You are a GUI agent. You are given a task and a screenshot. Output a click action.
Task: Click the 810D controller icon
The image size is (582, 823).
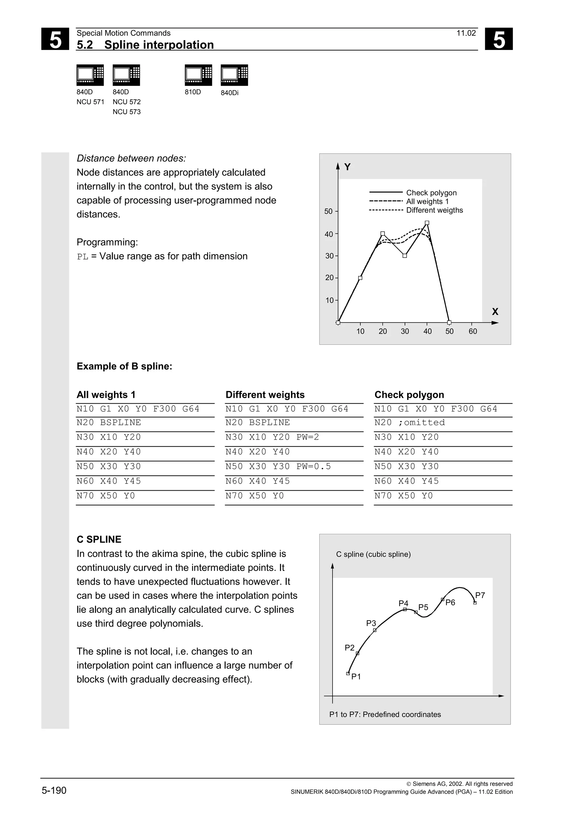coord(198,75)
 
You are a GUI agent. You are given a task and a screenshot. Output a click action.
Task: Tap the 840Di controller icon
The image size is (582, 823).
coord(234,75)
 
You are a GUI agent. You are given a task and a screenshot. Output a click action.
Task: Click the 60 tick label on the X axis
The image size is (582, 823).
coord(473,331)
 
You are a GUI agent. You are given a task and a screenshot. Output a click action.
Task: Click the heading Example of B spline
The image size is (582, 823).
coord(124,366)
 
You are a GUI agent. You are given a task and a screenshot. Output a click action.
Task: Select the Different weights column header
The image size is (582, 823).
coord(265,395)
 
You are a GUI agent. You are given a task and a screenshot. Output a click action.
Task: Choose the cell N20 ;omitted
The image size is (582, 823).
coord(410,423)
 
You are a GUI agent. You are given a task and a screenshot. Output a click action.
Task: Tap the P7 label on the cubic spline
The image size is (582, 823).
coord(480,596)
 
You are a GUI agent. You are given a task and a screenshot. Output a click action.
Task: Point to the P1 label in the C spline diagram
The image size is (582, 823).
coord(356,676)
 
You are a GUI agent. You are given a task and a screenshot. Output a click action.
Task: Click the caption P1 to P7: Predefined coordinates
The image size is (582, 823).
coord(385,715)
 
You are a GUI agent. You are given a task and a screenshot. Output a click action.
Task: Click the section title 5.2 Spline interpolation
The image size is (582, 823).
coord(145,45)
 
